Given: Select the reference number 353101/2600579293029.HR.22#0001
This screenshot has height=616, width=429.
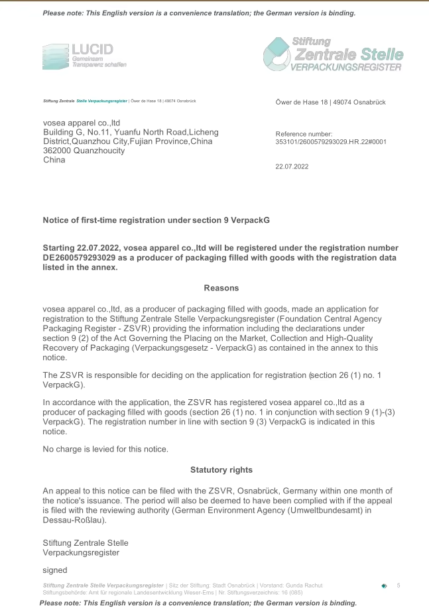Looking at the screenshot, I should pos(331,141).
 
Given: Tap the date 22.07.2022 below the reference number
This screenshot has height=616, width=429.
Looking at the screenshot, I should pos(292,166).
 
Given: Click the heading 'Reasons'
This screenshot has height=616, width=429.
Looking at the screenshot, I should pos(221,288).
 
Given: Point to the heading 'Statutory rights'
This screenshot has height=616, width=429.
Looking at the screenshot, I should pos(221,469).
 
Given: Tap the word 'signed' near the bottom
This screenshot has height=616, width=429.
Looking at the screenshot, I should pos(55,570).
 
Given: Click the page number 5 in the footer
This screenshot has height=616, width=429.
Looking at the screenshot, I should pos(398,585).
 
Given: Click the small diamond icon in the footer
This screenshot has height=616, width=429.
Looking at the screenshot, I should pos(384,586).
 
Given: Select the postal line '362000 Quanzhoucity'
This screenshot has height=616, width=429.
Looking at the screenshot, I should pos(84,151).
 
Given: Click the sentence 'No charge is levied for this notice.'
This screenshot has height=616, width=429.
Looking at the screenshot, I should pos(105,449).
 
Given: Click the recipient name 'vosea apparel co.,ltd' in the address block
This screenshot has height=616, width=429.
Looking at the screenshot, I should pos(81,123).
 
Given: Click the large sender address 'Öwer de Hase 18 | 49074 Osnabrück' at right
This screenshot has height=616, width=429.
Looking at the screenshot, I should pos(330,102).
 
